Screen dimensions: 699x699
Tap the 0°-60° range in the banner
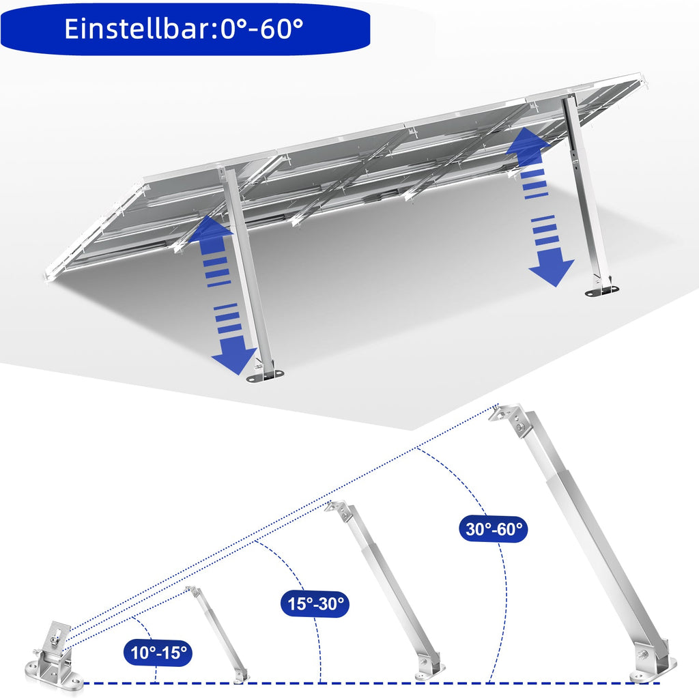[263, 29]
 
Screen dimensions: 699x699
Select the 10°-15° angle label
[158, 653]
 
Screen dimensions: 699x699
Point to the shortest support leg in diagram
[217, 631]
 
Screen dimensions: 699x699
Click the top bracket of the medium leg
[339, 511]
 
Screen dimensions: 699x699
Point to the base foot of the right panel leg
[601, 289]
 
